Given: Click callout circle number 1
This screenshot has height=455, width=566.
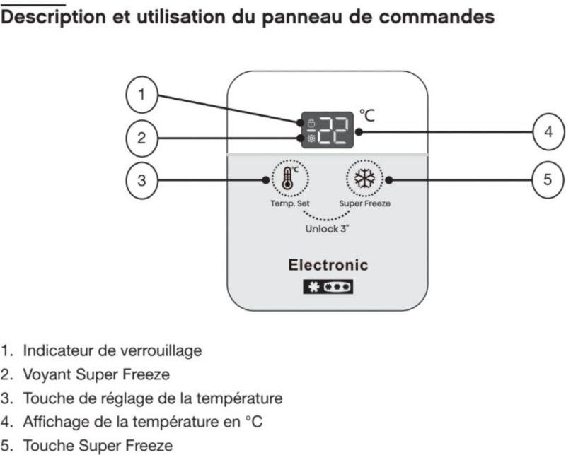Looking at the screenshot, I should [x=142, y=95].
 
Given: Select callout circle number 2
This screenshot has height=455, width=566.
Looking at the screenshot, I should [x=142, y=138].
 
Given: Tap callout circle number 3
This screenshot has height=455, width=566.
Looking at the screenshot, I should [x=142, y=180].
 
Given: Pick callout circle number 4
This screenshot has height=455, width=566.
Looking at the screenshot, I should [x=548, y=131].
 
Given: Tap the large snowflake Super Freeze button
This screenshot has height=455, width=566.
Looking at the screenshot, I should [x=364, y=179].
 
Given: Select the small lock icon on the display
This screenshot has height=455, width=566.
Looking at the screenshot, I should [x=311, y=123].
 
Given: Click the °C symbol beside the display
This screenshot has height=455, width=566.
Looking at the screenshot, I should [x=366, y=114].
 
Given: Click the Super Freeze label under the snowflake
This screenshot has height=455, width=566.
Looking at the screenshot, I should [x=364, y=203].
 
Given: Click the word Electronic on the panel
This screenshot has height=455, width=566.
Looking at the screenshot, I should [x=328, y=266].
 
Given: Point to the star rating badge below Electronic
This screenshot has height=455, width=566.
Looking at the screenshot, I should [x=328, y=288].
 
